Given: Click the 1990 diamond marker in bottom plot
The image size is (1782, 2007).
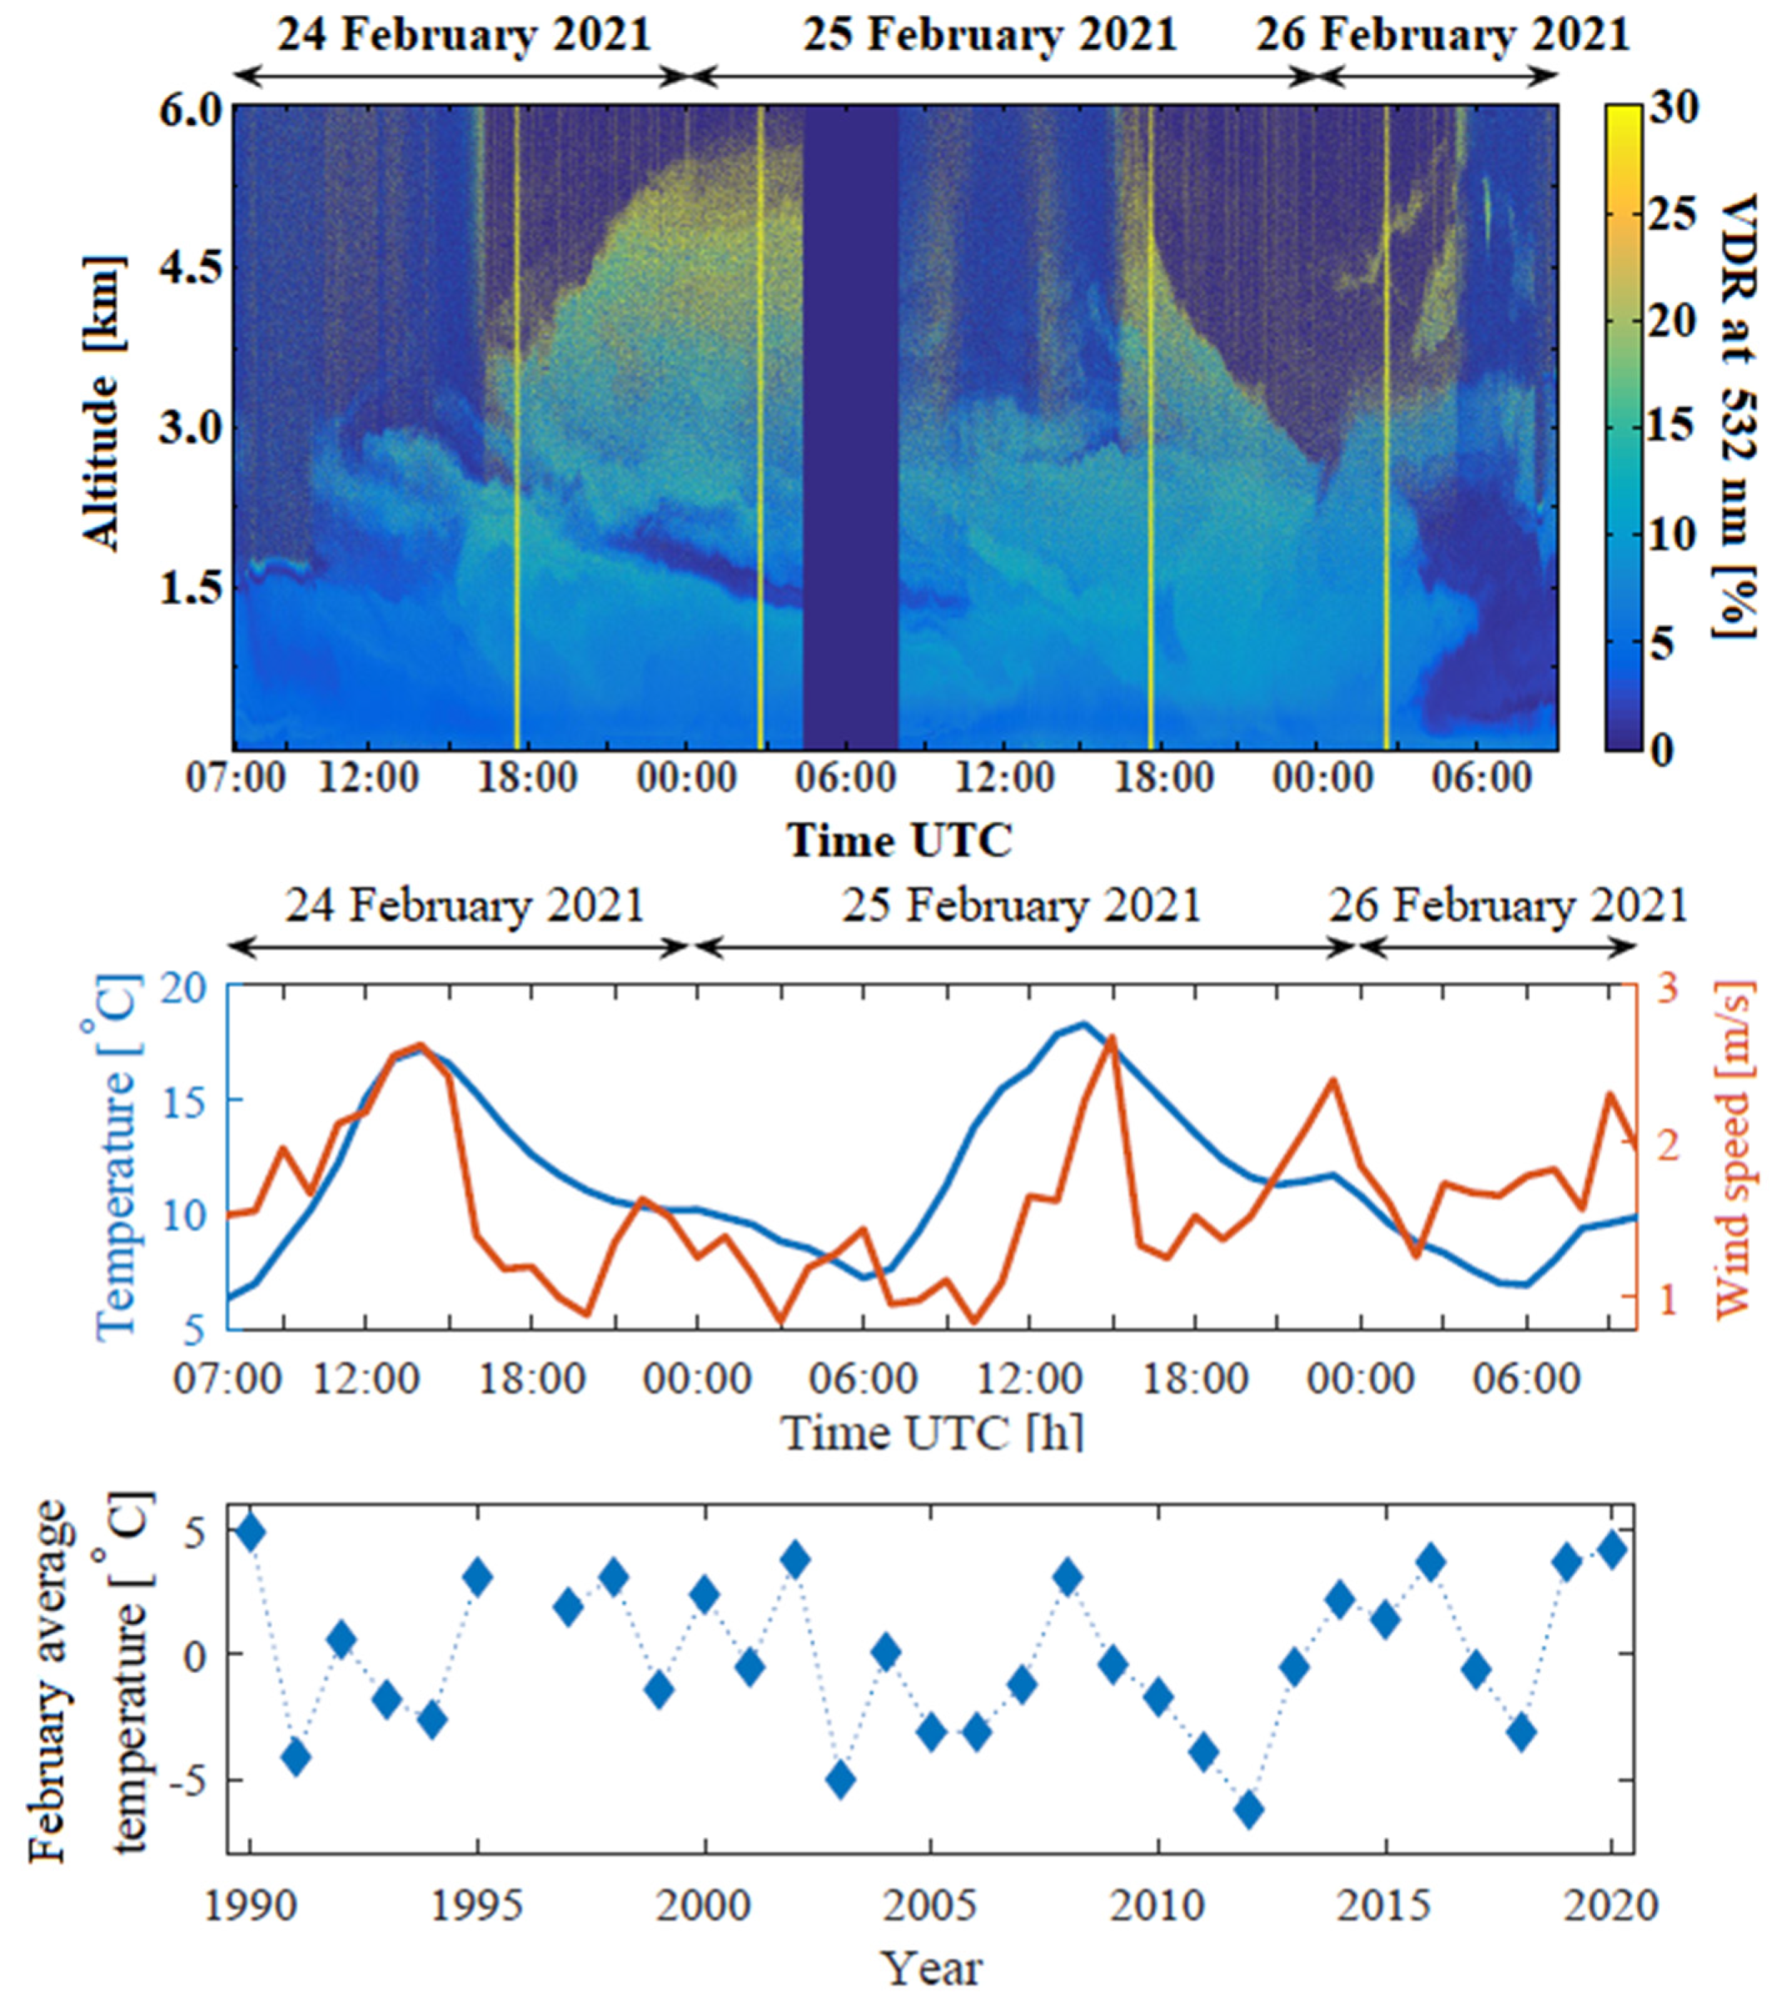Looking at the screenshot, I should click(251, 1531).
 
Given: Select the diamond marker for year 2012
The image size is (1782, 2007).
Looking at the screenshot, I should click(1249, 1810).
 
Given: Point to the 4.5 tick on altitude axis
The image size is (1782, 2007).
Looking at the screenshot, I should click(192, 267).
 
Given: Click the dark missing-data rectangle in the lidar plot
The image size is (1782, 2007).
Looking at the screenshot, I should click(850, 427).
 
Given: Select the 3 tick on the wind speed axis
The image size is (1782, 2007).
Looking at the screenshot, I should click(1667, 988).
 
